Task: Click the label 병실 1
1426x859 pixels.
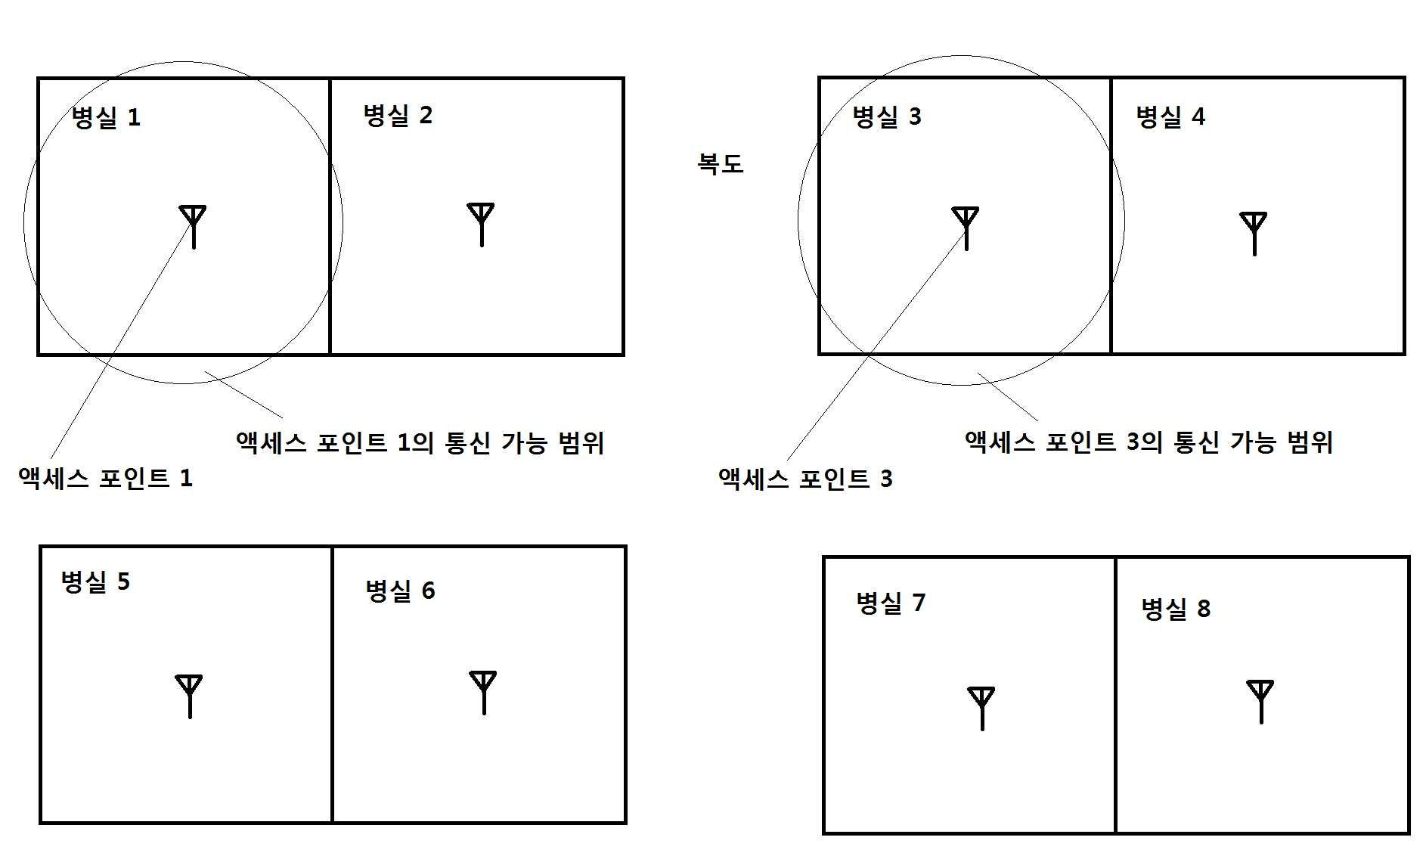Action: point(106,117)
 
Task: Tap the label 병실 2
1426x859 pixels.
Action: point(398,115)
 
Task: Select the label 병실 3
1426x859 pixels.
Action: point(887,116)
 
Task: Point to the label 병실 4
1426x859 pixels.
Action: point(1170,116)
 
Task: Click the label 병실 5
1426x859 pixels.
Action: point(95,581)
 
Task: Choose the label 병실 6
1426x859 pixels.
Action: point(400,591)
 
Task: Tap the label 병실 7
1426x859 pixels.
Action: point(891,603)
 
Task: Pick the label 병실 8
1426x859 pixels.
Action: point(1176,609)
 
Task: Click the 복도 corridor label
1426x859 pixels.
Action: point(721,163)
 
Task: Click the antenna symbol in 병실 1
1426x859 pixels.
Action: point(194,226)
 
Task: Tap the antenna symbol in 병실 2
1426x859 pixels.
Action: point(482,224)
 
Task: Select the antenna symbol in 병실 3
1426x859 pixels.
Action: point(966,228)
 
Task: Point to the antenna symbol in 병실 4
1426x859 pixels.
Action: point(1254,234)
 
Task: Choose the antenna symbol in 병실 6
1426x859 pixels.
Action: point(483,693)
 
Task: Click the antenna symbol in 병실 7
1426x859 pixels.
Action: point(981,709)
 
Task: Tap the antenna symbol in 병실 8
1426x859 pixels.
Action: point(1260,702)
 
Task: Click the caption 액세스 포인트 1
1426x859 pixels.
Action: point(106,479)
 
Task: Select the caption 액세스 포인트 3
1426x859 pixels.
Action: point(806,479)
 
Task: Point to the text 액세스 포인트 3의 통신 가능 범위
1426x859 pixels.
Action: point(1149,442)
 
